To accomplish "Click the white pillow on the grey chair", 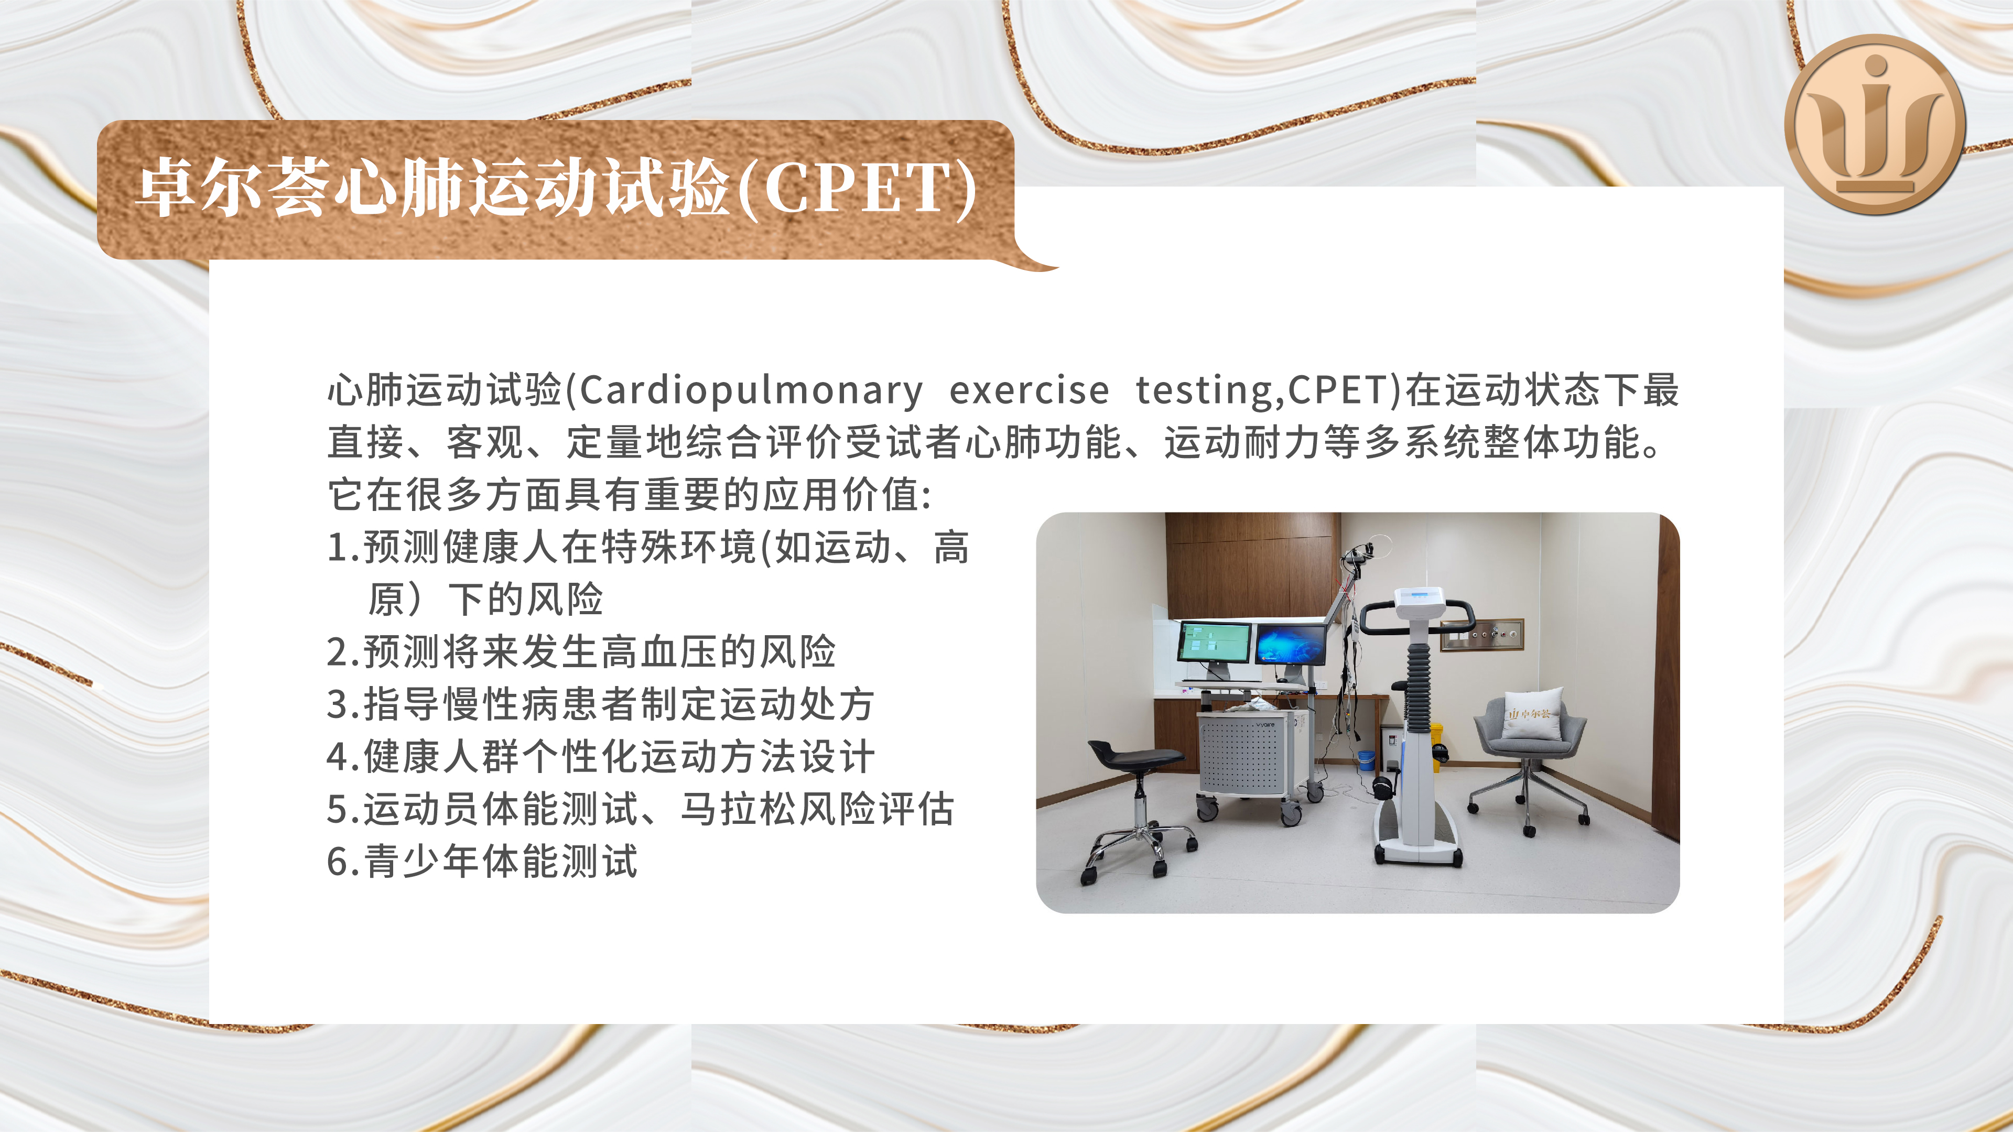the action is click(x=1533, y=713).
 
